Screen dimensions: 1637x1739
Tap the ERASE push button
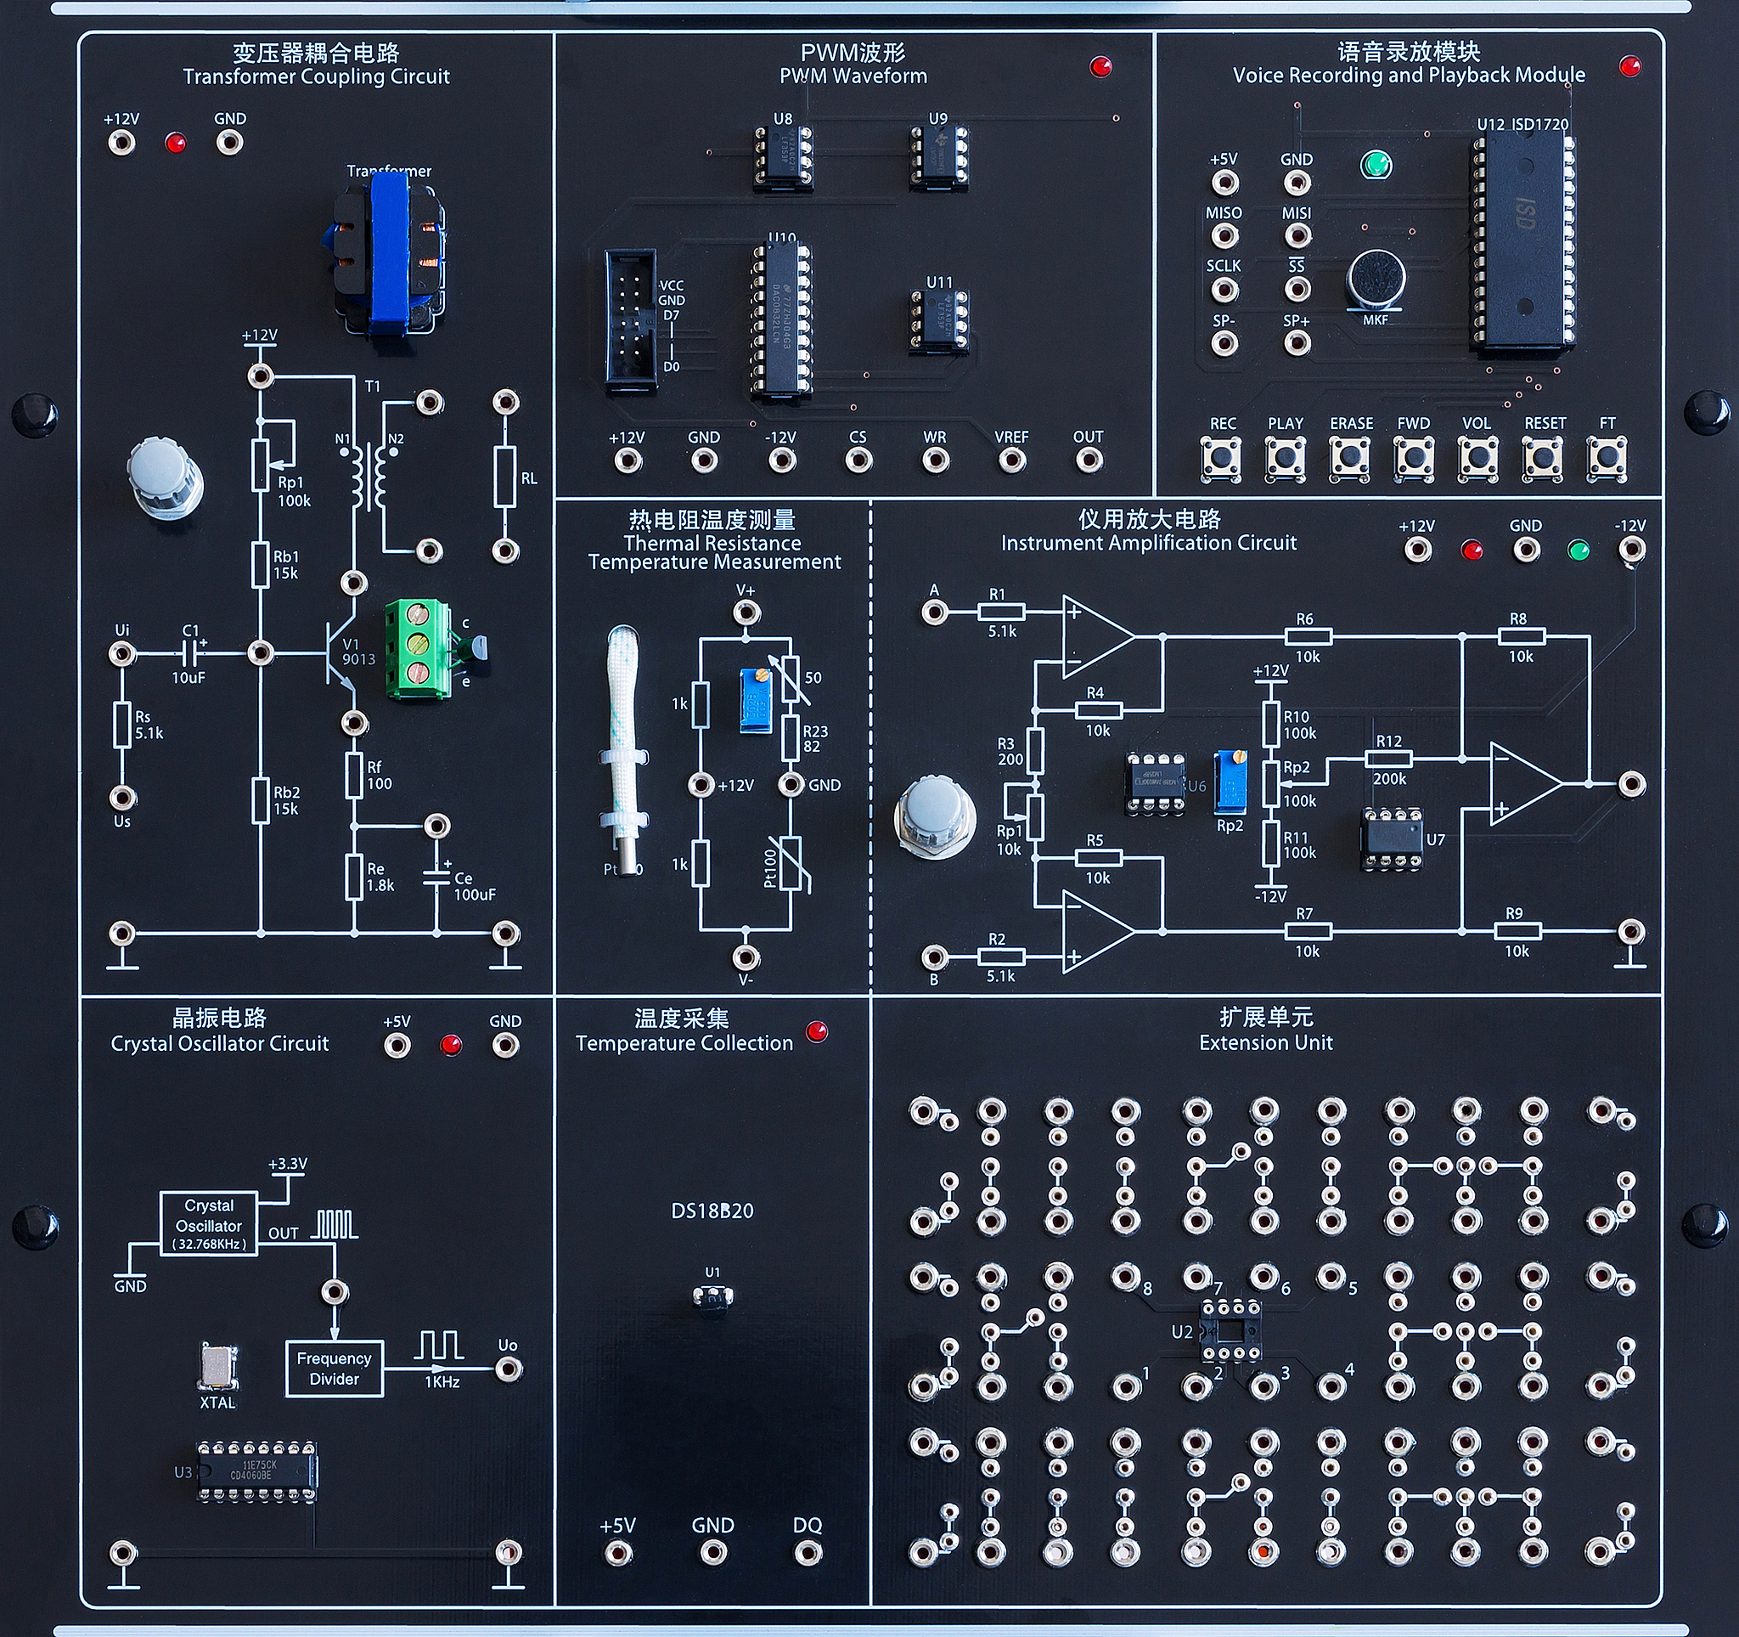point(1350,457)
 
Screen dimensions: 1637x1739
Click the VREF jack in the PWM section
point(1012,460)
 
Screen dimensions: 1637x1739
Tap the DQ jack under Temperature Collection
point(808,1553)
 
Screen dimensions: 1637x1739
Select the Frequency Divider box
point(335,1369)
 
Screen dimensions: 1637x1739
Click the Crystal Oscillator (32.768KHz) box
point(208,1224)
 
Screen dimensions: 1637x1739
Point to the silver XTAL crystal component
point(217,1366)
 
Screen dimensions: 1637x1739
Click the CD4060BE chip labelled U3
point(256,1470)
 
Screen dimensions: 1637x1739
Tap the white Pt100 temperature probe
point(624,743)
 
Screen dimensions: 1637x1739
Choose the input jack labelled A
point(934,612)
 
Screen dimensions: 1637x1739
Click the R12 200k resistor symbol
point(1389,759)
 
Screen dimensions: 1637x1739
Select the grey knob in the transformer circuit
point(165,477)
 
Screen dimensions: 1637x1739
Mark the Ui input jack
point(121,653)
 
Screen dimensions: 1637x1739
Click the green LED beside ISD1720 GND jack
point(1376,165)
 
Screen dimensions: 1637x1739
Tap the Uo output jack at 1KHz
point(509,1369)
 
